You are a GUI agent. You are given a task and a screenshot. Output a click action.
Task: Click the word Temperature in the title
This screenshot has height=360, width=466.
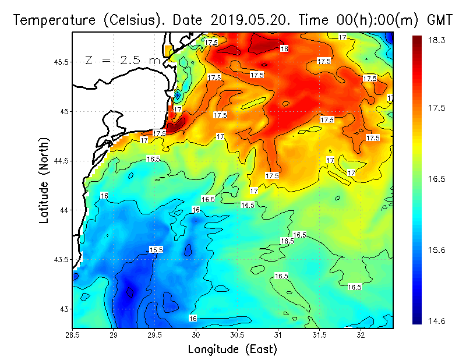(51, 20)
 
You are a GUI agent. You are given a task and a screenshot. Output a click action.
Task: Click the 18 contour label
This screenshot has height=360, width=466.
(284, 49)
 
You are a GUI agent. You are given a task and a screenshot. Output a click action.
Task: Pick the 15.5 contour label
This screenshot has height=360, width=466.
(156, 250)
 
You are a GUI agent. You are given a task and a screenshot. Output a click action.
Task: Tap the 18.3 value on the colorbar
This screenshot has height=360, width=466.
(437, 40)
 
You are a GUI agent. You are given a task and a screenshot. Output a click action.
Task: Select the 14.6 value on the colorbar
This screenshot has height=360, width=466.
(437, 320)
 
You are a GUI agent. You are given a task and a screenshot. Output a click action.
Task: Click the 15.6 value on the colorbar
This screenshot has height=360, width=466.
(437, 250)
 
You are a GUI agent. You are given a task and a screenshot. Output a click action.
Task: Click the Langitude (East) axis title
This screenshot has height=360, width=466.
(232, 349)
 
